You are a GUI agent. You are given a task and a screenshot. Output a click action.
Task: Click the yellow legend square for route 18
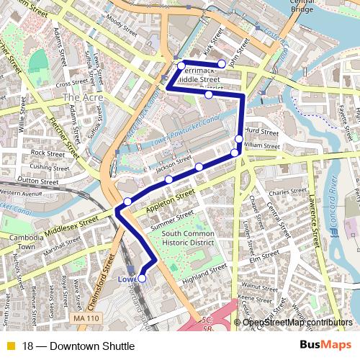pyautogui.click(x=9, y=345)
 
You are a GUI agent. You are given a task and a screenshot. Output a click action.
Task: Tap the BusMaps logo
pyautogui.click(x=325, y=345)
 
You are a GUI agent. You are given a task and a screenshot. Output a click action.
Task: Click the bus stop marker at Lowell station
pyautogui.click(x=142, y=278)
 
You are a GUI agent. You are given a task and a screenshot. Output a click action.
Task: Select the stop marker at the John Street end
pyautogui.click(x=222, y=64)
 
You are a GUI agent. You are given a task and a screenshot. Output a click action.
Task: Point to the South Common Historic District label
pyautogui.click(x=188, y=238)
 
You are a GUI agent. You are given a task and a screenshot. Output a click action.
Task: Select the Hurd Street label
pyautogui.click(x=261, y=132)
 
